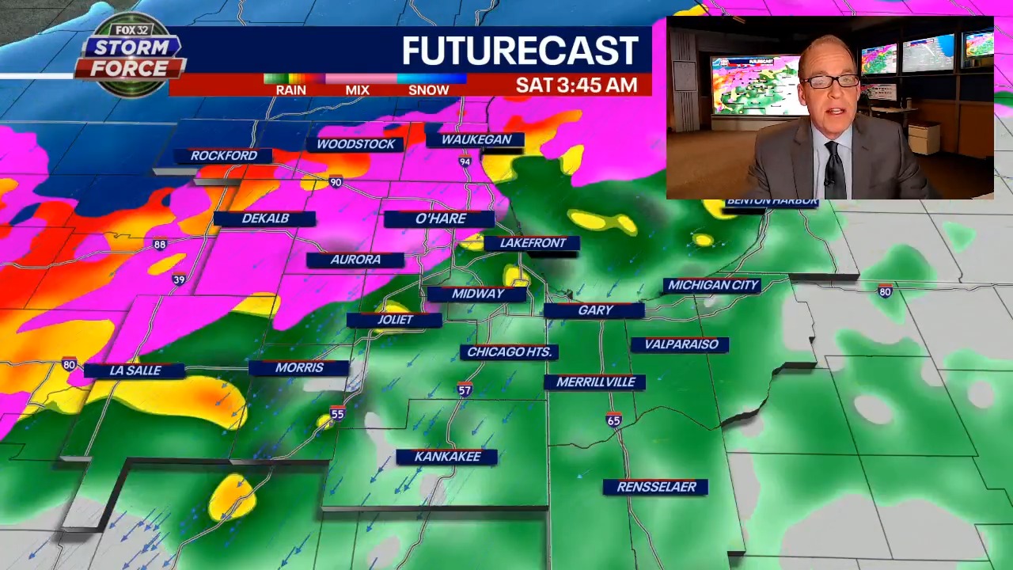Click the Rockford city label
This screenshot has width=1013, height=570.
click(x=224, y=156)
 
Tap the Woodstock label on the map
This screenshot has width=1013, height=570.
click(x=355, y=144)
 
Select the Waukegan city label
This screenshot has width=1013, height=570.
click(x=476, y=139)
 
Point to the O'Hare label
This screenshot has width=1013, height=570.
click(x=441, y=218)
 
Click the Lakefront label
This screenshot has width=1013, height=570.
click(x=533, y=243)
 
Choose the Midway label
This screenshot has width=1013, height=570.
click(x=477, y=294)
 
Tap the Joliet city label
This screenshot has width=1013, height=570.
click(x=395, y=320)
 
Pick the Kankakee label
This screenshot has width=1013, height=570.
click(x=447, y=457)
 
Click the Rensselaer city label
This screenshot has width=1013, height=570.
click(x=656, y=487)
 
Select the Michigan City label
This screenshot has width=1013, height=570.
click(x=713, y=285)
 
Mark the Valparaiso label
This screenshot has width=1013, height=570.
click(x=681, y=344)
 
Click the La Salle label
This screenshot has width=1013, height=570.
click(x=135, y=370)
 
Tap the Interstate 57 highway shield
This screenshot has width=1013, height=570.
click(x=465, y=389)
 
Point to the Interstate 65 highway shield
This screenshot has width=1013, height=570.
click(x=614, y=420)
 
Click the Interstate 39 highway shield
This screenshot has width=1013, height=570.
click(x=180, y=279)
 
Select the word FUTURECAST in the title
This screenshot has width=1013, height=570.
click(x=520, y=51)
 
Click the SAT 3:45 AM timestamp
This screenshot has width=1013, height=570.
click(x=576, y=85)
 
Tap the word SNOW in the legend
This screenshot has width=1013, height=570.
click(x=428, y=90)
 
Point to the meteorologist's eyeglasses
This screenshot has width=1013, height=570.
click(x=831, y=81)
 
